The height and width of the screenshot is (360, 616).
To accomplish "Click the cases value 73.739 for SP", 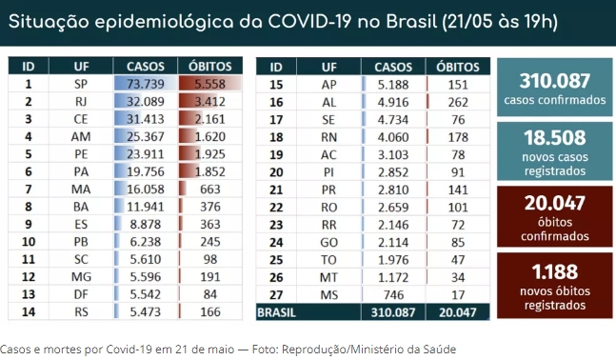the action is click(x=145, y=84).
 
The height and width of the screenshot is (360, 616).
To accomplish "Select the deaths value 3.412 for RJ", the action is click(x=209, y=102).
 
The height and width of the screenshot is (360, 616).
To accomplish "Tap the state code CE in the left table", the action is click(x=81, y=119).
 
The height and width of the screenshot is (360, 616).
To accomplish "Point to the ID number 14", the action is click(x=29, y=312).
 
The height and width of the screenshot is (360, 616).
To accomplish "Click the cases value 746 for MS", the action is click(x=393, y=294).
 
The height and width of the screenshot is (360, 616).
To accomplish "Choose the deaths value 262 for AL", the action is click(x=458, y=102).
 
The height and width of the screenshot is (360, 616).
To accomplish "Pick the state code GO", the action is click(x=328, y=243).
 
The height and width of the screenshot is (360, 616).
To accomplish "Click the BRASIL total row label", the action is click(x=276, y=312).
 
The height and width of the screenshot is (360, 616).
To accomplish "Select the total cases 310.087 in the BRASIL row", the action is click(x=393, y=312).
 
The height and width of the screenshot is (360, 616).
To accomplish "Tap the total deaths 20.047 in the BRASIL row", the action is click(x=458, y=312).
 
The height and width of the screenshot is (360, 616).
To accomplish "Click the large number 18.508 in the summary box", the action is click(x=555, y=138).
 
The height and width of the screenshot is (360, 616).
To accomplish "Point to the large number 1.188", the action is click(x=555, y=271).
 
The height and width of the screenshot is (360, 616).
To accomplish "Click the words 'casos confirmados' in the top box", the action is click(x=555, y=100).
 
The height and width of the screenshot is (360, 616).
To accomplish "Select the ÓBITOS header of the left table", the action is click(x=209, y=66).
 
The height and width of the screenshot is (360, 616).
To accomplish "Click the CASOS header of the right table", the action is click(x=393, y=67).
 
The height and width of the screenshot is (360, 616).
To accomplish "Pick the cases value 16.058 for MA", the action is click(x=145, y=189).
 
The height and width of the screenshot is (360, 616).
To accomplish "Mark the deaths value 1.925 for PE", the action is click(x=209, y=154).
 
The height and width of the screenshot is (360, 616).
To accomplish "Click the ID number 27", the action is click(x=276, y=294).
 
